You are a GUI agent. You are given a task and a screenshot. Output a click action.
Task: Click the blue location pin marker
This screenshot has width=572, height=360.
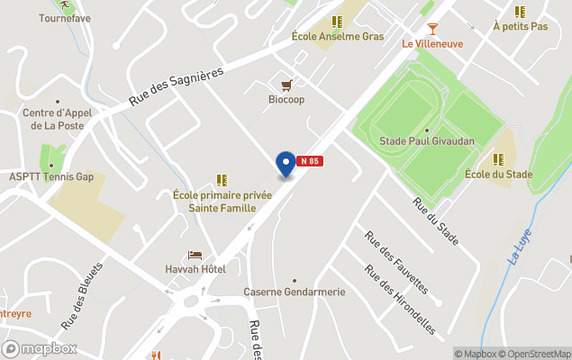[x=286, y=164]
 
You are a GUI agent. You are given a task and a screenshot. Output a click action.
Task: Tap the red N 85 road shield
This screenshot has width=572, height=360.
[x=310, y=161]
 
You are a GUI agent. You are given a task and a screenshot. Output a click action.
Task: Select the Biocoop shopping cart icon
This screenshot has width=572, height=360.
[x=286, y=85]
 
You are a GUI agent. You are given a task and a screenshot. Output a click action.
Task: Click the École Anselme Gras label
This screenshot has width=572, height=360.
[x=338, y=37]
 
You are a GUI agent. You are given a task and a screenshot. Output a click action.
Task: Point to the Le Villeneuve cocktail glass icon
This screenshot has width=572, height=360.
[x=432, y=29]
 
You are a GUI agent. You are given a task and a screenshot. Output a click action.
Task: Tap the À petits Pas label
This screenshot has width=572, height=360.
[x=521, y=27]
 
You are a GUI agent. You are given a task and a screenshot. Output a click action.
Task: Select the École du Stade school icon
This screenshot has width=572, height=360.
[x=498, y=159]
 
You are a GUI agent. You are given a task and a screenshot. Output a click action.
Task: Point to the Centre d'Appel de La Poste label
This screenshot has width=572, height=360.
[x=59, y=120]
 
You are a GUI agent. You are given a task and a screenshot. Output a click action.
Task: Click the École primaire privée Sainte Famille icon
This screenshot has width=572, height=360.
[x=222, y=180]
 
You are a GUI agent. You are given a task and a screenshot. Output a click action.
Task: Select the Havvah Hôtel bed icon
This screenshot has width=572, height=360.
[x=195, y=256]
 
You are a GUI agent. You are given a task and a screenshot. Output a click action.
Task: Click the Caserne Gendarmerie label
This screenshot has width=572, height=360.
[x=295, y=292]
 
